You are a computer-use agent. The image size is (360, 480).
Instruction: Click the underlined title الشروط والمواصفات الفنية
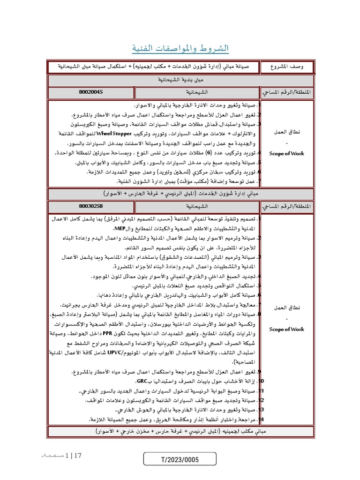click(x=180, y=49)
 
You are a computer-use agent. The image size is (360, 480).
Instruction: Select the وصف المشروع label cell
click(x=287, y=67)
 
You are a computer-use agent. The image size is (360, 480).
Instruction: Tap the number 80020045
click(x=91, y=92)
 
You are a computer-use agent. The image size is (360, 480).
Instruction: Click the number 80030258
click(x=91, y=206)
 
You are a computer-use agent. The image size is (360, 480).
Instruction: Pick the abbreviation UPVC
click(x=115, y=352)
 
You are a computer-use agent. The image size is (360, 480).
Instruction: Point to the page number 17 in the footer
click(x=77, y=455)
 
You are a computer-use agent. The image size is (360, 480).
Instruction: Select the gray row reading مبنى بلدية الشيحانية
click(x=180, y=80)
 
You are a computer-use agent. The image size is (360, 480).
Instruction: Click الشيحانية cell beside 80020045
click(x=197, y=92)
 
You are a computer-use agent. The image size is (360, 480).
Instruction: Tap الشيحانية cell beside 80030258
click(x=197, y=206)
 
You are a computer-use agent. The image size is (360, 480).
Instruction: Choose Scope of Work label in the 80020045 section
click(x=287, y=153)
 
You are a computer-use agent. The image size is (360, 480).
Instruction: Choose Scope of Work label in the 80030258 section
click(x=287, y=329)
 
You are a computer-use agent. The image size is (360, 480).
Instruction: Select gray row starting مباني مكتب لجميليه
click(x=180, y=431)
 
